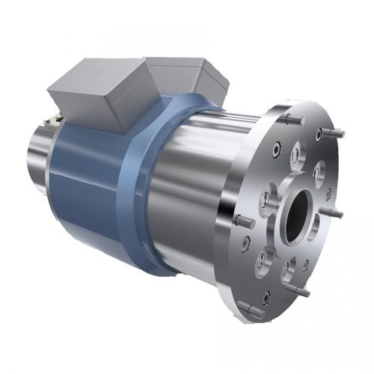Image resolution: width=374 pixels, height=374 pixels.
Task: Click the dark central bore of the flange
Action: tap(297, 216)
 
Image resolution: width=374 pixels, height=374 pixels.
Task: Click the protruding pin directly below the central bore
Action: tap(301, 290)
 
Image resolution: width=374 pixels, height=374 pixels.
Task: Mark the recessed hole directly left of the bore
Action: tap(267, 200)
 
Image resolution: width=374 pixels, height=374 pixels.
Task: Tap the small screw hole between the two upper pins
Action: tap(319, 135)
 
